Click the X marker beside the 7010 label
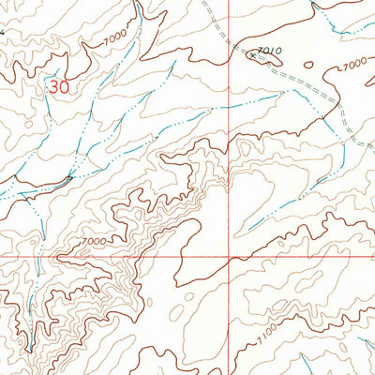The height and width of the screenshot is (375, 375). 252,55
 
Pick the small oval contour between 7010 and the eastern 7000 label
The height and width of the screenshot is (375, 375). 308,65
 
